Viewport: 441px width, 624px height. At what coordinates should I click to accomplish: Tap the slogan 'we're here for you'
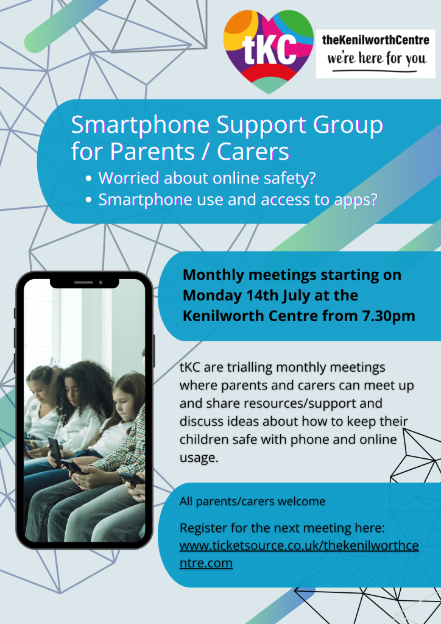(x=376, y=59)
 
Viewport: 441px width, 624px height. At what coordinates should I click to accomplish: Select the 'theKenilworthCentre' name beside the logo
(x=376, y=40)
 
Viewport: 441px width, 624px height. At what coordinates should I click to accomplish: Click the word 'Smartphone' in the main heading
(x=140, y=126)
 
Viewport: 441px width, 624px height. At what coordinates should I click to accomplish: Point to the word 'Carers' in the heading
(x=253, y=152)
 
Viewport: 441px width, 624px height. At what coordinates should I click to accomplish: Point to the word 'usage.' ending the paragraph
(x=199, y=458)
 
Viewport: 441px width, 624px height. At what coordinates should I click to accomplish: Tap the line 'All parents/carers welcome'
(x=253, y=502)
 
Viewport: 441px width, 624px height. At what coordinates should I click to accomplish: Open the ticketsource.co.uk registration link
(x=299, y=554)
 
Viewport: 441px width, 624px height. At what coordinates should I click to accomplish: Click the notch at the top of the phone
(x=84, y=283)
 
